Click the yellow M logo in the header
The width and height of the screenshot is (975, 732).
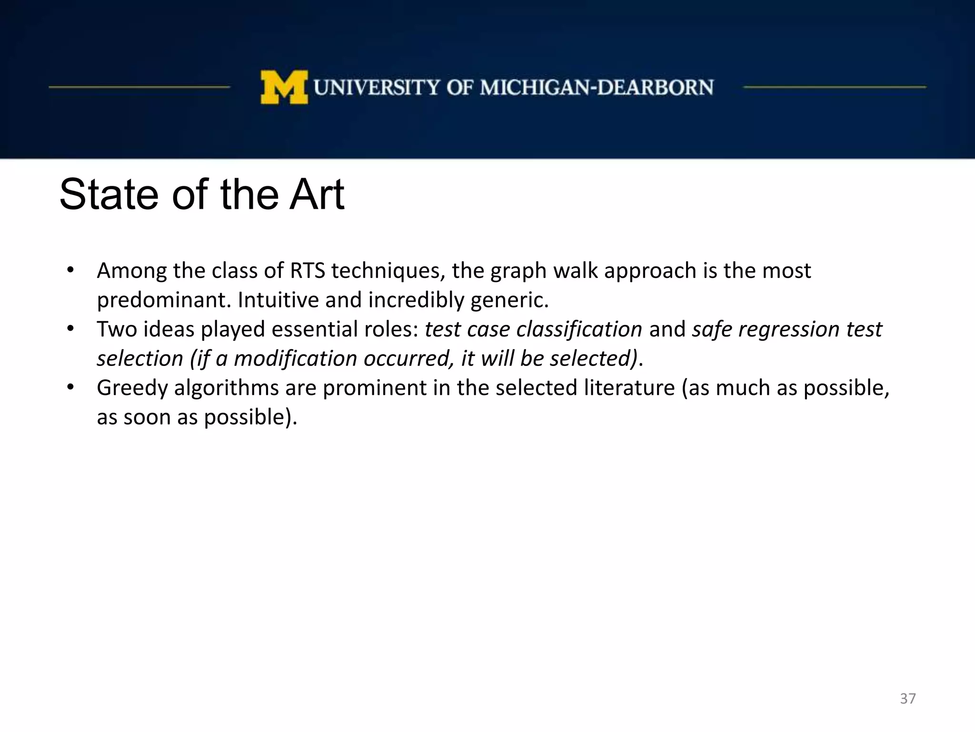pyautogui.click(x=284, y=87)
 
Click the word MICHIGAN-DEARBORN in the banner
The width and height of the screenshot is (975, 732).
pyautogui.click(x=597, y=88)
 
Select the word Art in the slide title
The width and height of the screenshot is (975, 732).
pyautogui.click(x=317, y=195)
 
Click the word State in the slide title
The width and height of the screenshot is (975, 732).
pyautogui.click(x=109, y=195)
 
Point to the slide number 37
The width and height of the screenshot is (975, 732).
pyautogui.click(x=907, y=699)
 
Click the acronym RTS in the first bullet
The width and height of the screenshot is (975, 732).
pyautogui.click(x=308, y=271)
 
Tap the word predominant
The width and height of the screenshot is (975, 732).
pyautogui.click(x=164, y=300)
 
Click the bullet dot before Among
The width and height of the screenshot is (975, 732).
pyautogui.click(x=70, y=270)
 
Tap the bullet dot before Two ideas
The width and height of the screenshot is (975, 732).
pyautogui.click(x=70, y=329)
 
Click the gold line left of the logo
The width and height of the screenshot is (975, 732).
pyautogui.click(x=139, y=87)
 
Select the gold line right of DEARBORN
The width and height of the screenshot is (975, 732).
pyautogui.click(x=834, y=87)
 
